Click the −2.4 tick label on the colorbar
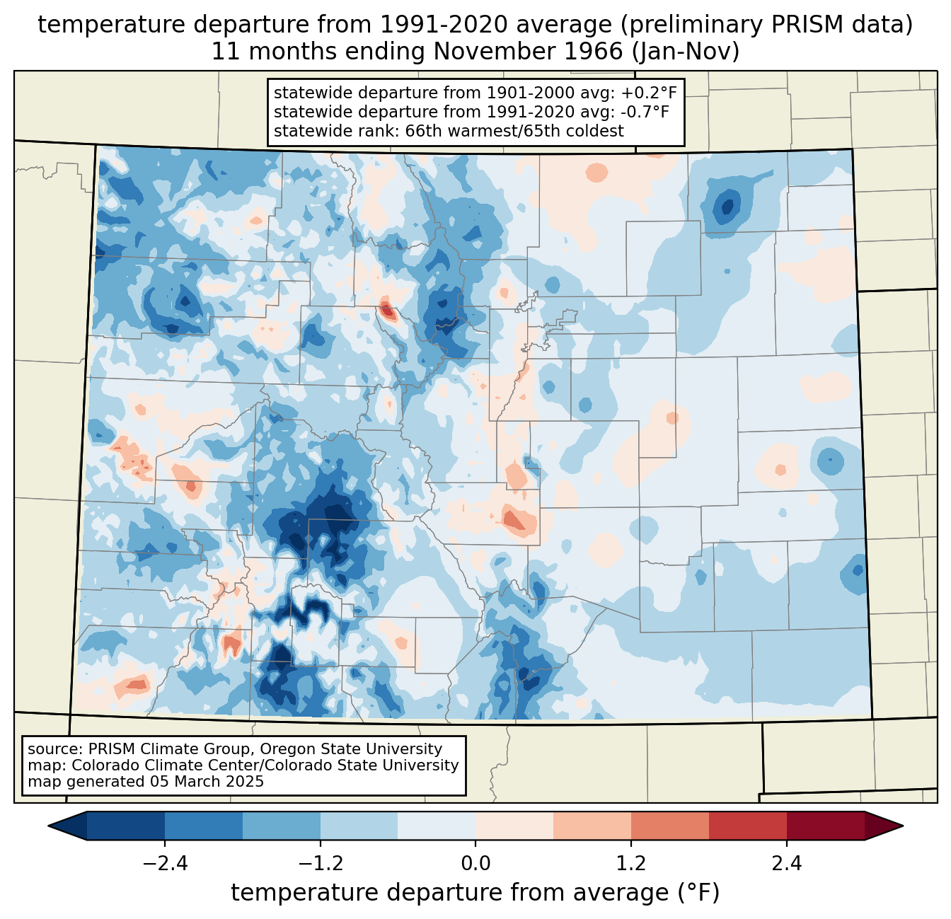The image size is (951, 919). [x=164, y=864]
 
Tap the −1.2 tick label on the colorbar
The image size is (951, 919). [x=320, y=864]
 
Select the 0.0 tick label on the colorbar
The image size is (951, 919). [x=475, y=864]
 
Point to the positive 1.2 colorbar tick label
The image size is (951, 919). [x=631, y=864]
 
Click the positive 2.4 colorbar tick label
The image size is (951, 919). [x=786, y=864]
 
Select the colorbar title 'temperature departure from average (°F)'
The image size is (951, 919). [x=475, y=893]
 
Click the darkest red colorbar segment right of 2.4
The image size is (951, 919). [x=825, y=826]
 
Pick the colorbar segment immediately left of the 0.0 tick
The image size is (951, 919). [x=437, y=826]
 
